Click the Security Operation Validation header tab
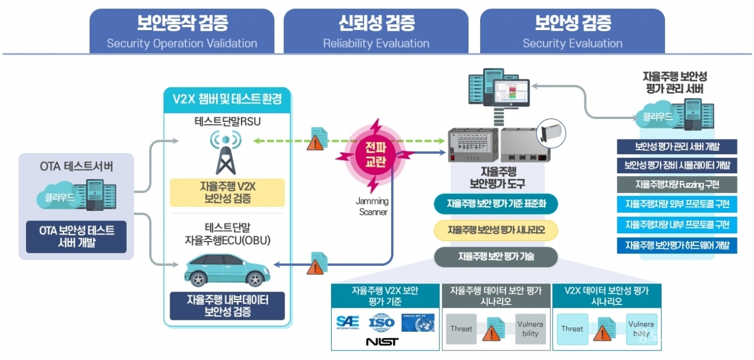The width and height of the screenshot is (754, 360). click(x=182, y=31)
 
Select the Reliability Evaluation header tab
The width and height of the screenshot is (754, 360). click(x=376, y=31)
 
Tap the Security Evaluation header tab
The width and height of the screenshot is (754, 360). click(x=573, y=31)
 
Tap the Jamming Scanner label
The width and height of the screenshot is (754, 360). click(x=372, y=206)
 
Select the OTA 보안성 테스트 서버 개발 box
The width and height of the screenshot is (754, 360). click(x=77, y=236)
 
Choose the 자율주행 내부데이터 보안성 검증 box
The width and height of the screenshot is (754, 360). click(x=227, y=306)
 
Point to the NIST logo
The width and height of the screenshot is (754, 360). click(x=382, y=342)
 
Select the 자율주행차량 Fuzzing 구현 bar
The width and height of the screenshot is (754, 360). click(x=677, y=184)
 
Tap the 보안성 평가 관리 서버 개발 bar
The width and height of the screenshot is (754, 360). click(x=677, y=147)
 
